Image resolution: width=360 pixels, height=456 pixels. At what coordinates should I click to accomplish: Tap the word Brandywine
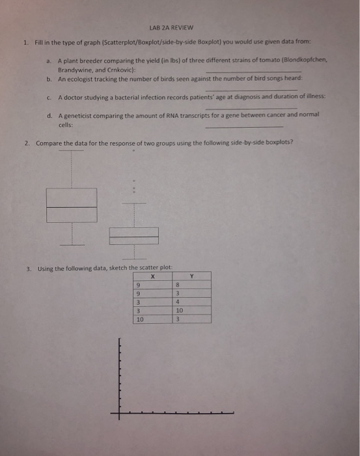(x=75, y=68)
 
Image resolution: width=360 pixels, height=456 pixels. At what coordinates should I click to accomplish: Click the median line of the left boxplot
(x=72, y=207)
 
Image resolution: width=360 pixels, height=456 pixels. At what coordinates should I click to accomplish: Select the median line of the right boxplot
(x=133, y=236)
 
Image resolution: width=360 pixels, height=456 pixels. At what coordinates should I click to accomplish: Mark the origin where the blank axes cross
(x=119, y=412)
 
